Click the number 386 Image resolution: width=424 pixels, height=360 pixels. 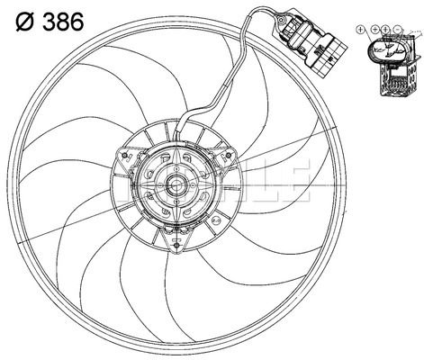[x=60, y=22]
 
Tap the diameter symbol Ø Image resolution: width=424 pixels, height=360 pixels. [x=21, y=22]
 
